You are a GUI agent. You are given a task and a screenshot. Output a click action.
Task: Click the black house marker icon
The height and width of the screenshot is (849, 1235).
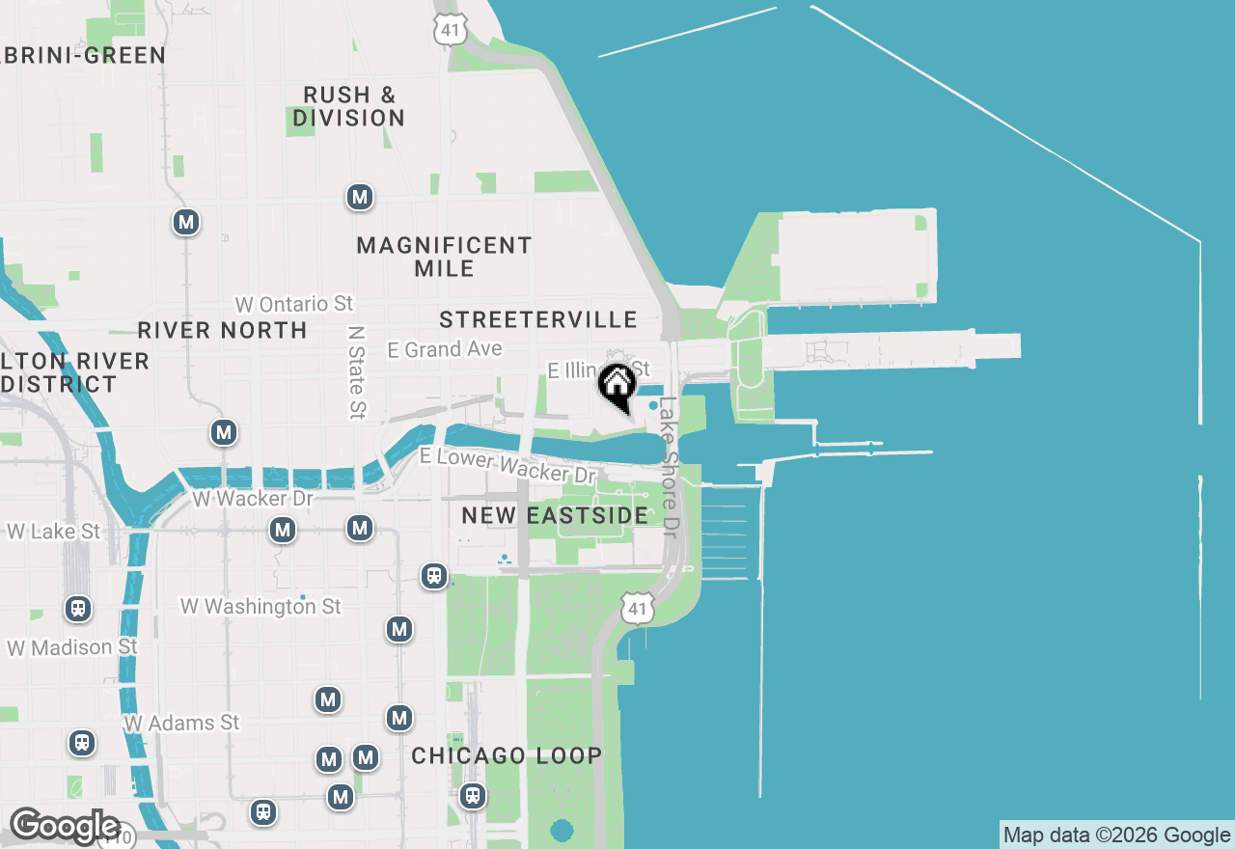(x=617, y=385)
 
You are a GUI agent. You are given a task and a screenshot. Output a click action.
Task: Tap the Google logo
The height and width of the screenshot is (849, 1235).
(x=64, y=827)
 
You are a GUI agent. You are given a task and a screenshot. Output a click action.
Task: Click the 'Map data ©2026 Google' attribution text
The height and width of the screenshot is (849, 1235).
(x=1116, y=835)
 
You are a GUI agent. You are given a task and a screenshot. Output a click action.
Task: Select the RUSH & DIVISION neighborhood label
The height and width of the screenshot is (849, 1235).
(x=349, y=106)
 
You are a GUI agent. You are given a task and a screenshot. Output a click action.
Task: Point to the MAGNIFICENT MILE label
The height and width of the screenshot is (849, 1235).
(x=444, y=257)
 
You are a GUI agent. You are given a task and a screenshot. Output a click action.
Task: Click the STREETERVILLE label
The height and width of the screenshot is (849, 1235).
(x=537, y=319)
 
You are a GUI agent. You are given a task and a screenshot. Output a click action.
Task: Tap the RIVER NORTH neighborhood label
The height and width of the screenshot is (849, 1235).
(x=222, y=330)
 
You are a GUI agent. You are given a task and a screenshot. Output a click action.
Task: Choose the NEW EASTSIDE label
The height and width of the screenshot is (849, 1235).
(x=555, y=515)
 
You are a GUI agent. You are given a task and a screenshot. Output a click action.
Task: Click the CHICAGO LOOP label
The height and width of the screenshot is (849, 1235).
(x=507, y=755)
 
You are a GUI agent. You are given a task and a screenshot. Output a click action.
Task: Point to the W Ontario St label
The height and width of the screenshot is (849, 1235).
(x=294, y=304)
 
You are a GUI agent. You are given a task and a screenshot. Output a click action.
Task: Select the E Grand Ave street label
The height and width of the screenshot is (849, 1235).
(x=445, y=349)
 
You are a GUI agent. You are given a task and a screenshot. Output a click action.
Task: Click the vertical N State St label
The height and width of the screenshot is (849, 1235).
(x=357, y=371)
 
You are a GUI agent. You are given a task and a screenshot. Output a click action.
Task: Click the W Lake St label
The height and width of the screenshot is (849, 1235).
(x=54, y=532)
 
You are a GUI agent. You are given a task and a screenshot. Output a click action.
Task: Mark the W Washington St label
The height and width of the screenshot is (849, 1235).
(x=261, y=607)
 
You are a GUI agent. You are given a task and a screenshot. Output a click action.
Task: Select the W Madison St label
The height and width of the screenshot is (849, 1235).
(x=72, y=647)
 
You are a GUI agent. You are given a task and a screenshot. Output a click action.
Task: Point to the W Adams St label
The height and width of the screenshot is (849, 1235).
(x=181, y=723)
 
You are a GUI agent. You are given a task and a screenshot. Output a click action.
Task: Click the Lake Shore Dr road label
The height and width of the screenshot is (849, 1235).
(x=669, y=467)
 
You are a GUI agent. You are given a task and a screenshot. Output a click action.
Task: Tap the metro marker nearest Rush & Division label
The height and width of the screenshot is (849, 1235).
(x=360, y=198)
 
